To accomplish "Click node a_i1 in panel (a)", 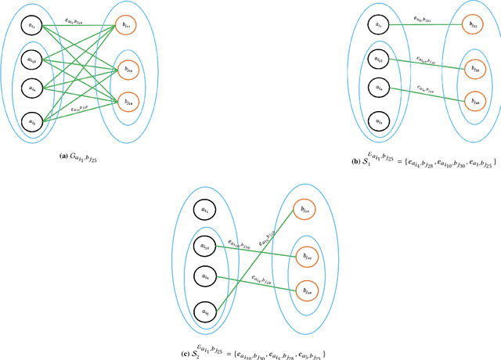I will pyautogui.click(x=31, y=26).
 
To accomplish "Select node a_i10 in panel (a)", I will pyautogui.click(x=31, y=59).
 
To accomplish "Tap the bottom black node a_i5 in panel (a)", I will pyautogui.click(x=31, y=121).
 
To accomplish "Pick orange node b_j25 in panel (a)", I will pyautogui.click(x=126, y=26).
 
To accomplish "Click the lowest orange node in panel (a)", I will pyautogui.click(x=126, y=102).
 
